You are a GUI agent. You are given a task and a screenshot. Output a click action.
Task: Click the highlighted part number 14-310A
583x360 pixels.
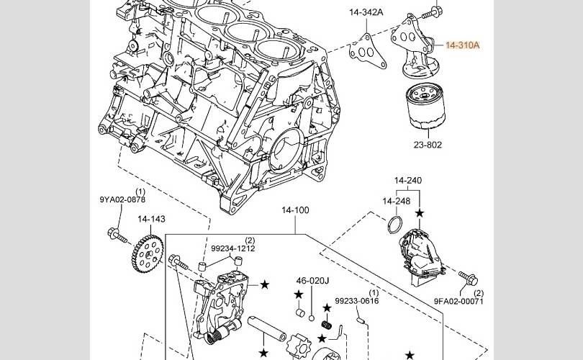click(x=462, y=45)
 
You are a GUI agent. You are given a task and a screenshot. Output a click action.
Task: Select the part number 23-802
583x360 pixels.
click(x=428, y=145)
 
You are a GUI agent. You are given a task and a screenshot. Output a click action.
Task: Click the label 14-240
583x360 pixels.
click(x=407, y=180)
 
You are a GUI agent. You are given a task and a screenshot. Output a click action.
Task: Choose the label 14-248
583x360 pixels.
click(x=396, y=201)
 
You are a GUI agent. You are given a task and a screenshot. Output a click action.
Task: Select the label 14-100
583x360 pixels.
click(x=295, y=210)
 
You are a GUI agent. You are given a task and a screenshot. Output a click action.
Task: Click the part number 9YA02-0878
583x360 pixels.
click(x=122, y=199)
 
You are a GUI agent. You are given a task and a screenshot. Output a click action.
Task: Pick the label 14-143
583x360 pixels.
click(x=152, y=218)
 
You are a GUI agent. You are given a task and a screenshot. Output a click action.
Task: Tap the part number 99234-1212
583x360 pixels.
click(x=232, y=248)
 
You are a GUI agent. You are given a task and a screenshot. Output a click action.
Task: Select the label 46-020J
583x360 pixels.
click(x=312, y=280)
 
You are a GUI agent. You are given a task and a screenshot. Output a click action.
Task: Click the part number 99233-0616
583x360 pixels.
click(x=357, y=302)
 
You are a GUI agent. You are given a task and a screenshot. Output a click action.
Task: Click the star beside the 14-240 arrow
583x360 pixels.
click(x=420, y=214)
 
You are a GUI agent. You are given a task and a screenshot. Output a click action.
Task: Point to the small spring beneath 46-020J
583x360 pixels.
click(x=325, y=325)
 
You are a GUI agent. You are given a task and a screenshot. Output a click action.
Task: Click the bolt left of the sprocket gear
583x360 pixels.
click(x=114, y=233)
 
